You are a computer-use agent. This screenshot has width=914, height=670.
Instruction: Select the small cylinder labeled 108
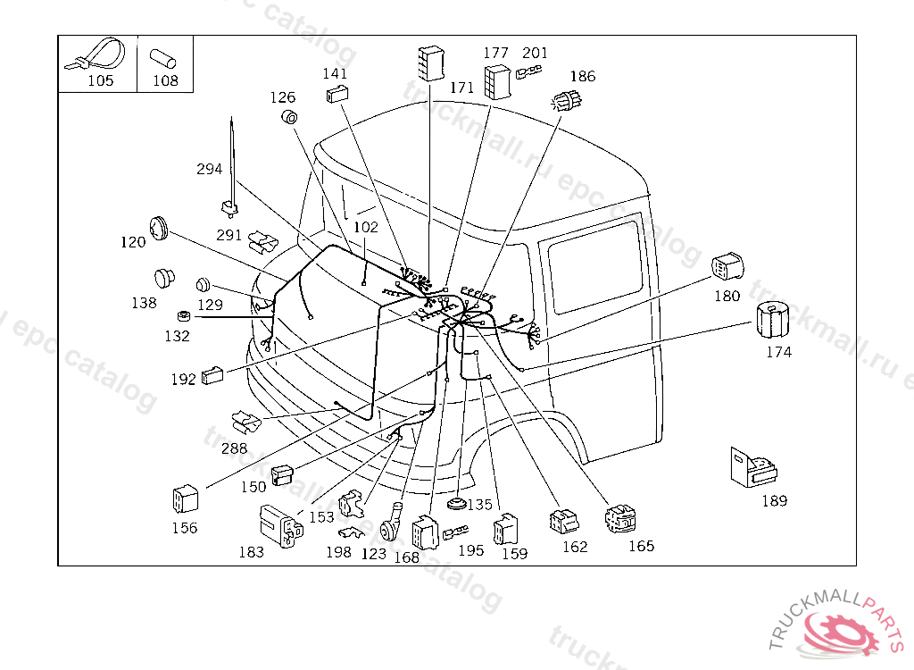pyautogui.click(x=162, y=59)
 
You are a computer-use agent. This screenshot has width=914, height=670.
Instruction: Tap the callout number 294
pyautogui.click(x=209, y=169)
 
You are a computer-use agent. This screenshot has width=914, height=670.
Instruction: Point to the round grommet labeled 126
pyautogui.click(x=289, y=117)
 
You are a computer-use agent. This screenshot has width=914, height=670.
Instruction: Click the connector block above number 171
pyautogui.click(x=432, y=63)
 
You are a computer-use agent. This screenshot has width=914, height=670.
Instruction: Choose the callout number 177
pyautogui.click(x=496, y=53)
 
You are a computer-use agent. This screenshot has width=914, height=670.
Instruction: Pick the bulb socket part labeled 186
pyautogui.click(x=567, y=101)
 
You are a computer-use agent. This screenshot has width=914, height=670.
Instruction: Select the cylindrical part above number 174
pyautogui.click(x=772, y=320)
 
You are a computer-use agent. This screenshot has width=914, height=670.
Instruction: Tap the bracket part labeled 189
pyautogui.click(x=752, y=467)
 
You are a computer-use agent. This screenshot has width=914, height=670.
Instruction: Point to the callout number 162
pyautogui.click(x=575, y=547)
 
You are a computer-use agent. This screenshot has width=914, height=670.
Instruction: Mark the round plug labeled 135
pyautogui.click(x=457, y=504)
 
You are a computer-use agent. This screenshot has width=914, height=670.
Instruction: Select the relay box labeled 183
pyautogui.click(x=281, y=526)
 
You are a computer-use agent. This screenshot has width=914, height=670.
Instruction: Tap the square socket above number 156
pyautogui.click(x=186, y=499)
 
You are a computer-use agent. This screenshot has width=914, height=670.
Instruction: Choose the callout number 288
pyautogui.click(x=234, y=448)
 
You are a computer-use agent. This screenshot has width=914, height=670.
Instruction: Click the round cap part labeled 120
pyautogui.click(x=158, y=228)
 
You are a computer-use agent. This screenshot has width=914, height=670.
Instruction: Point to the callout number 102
pyautogui.click(x=366, y=226)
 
